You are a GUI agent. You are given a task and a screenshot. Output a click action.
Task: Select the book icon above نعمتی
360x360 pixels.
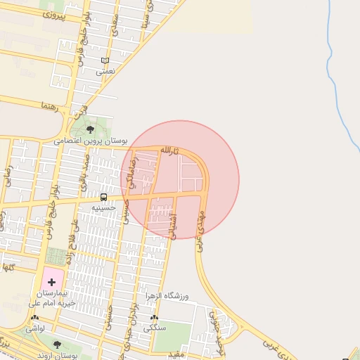(105, 61)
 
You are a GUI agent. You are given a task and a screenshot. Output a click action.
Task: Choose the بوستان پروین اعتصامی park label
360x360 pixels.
(91, 141)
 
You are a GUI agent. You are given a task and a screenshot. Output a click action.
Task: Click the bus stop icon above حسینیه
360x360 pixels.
(104, 197)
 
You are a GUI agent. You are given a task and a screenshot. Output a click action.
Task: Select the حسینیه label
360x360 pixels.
(103, 208)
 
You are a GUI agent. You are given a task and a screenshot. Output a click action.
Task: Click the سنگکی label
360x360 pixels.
(154, 328)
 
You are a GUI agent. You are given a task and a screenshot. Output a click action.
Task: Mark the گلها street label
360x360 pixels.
(8, 268)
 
